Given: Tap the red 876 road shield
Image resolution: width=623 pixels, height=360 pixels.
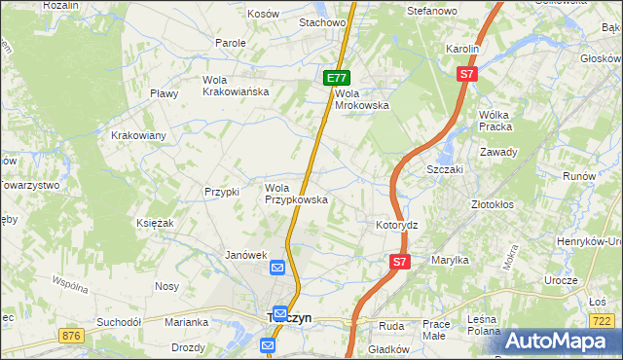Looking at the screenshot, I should tap(70, 336).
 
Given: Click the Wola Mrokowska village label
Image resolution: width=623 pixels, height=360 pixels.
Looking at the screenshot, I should tap(361, 99).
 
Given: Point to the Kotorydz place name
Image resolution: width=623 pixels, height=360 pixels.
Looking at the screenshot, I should tap(396, 225).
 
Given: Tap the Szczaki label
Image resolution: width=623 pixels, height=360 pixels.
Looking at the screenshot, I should tap(444, 168).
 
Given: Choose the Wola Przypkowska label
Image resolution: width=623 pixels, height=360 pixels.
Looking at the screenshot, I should tap(296, 194).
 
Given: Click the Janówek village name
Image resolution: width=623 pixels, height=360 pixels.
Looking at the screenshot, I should tap(245, 255).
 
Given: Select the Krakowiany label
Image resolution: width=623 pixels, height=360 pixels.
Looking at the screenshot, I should tap(138, 135).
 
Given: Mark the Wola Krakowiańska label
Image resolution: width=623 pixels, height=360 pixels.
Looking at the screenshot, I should tap(235, 86).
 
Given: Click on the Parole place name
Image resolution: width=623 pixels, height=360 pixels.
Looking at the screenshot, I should tap(231, 43).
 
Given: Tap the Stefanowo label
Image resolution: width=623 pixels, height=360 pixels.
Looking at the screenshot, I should tap(431, 11).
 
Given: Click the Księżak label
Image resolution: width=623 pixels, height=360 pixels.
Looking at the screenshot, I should tap(155, 224).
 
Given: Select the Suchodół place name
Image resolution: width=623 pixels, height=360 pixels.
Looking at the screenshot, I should tap(120, 321).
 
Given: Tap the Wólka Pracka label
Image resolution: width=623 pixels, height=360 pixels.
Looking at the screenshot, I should tap(495, 121).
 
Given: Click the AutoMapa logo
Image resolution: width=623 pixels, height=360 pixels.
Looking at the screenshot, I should tap(559, 341).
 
